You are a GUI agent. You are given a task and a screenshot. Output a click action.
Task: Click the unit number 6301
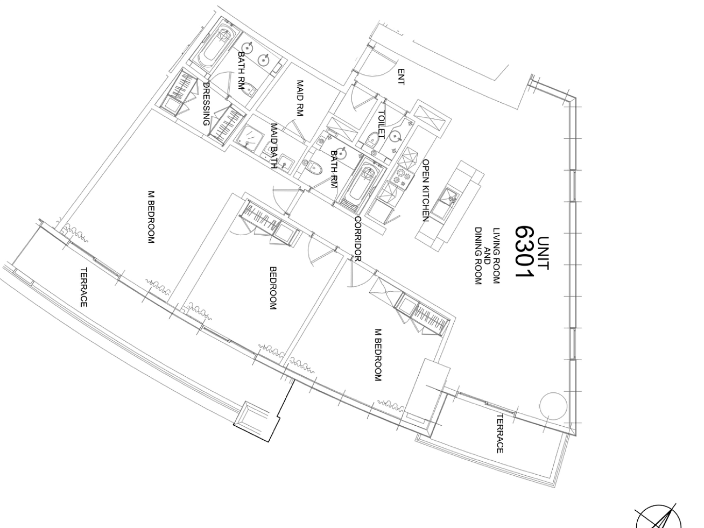[x=524, y=252]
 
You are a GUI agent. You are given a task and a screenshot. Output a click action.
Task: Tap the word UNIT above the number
[x=543, y=254]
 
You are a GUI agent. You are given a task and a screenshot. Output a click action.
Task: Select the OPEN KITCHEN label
[x=426, y=191]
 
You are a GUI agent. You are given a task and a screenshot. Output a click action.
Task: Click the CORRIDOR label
[x=358, y=239]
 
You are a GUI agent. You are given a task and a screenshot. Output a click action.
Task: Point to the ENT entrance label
[x=401, y=77]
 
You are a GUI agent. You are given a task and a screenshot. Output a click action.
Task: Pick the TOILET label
[x=382, y=124]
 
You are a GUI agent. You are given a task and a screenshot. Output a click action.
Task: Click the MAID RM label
[x=300, y=98]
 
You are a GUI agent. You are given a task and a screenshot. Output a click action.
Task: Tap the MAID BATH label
[x=273, y=146]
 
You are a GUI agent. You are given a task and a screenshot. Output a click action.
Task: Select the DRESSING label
[x=207, y=104]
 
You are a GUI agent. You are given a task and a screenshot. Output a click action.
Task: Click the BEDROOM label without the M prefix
[x=273, y=288]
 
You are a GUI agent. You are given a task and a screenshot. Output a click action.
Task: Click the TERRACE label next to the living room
[x=499, y=433]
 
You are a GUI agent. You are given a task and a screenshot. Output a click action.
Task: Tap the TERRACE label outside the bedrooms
[x=83, y=287]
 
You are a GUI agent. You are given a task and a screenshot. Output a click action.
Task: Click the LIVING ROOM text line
[x=496, y=256]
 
